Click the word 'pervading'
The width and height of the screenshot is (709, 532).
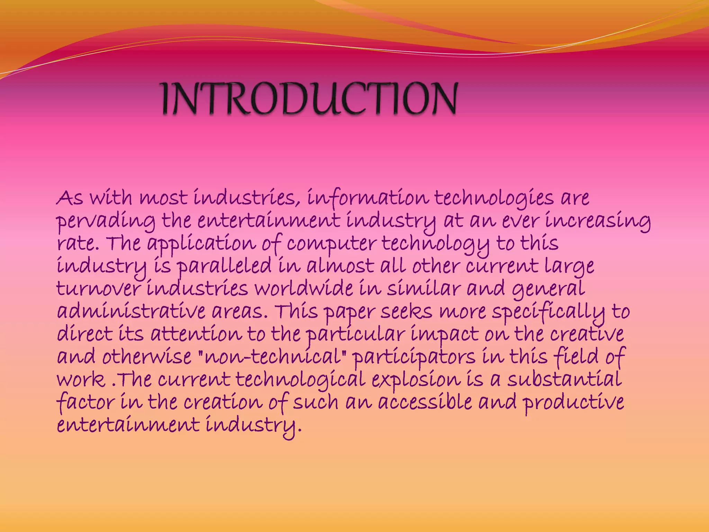click(x=106, y=222)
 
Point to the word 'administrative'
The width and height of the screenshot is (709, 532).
click(x=131, y=312)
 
